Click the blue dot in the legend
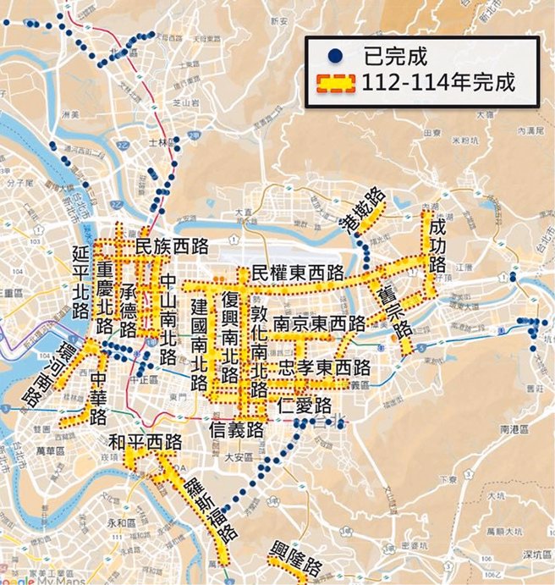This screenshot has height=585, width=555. point(336,57)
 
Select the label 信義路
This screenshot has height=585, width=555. point(238,430)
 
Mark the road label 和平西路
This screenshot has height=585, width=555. point(146,441)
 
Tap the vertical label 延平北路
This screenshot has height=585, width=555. point(82,281)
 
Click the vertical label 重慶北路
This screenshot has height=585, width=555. point(105,298)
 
